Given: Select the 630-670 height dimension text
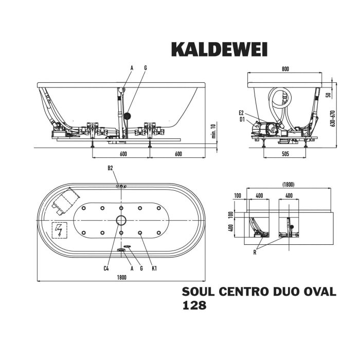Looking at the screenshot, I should click(x=333, y=119).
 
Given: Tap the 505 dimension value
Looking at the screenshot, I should click(x=285, y=154).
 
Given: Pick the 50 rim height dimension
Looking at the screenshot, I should click(x=328, y=95).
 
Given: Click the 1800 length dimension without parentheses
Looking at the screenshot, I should click(x=121, y=277).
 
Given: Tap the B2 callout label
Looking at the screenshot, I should click(x=110, y=168).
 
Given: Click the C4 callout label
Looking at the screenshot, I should click(x=106, y=268).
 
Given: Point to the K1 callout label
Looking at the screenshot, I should click(x=153, y=268).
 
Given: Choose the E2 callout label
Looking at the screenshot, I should click(x=242, y=113).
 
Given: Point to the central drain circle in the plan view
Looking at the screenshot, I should click(x=121, y=221).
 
